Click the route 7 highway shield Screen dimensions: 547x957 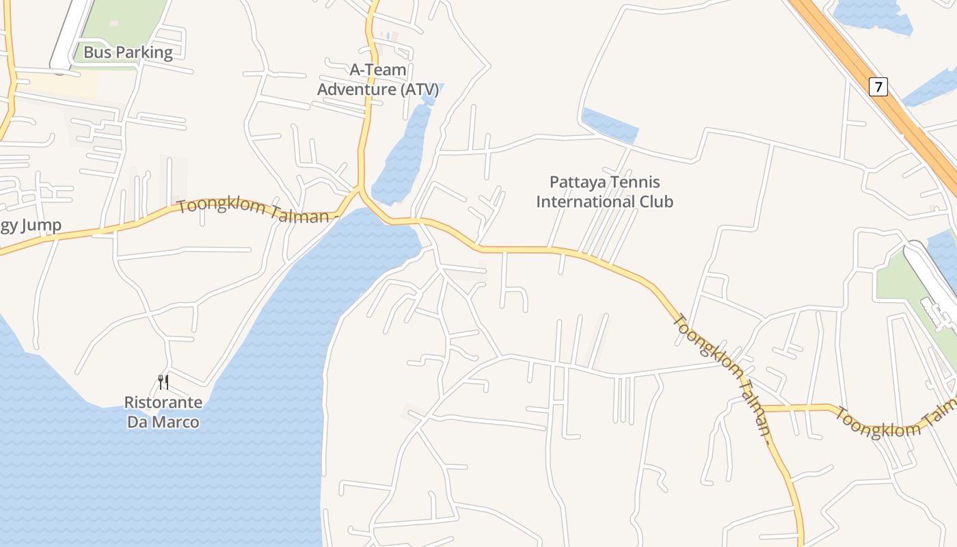[x=878, y=87]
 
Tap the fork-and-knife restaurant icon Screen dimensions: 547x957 [x=163, y=382]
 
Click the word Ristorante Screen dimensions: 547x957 [x=163, y=402]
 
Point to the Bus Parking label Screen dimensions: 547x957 [x=128, y=53]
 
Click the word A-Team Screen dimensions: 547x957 [x=378, y=70]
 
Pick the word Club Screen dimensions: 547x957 [x=656, y=202]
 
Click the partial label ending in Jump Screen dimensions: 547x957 [x=30, y=226]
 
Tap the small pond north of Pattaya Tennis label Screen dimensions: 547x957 [x=610, y=125]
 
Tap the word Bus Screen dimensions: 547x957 [x=96, y=53]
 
